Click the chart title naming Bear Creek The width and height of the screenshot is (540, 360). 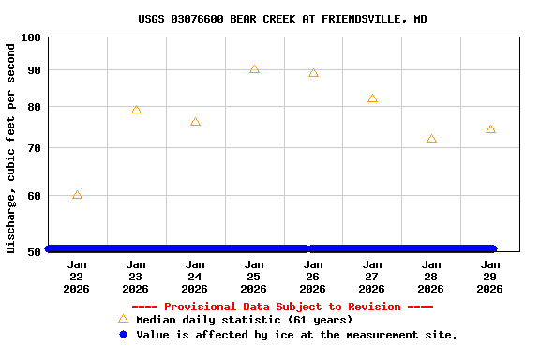point(282,19)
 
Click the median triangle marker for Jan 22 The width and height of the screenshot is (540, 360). point(77,195)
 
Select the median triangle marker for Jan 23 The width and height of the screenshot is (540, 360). point(136,110)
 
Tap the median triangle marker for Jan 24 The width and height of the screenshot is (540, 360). point(195,122)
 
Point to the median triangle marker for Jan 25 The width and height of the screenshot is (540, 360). point(254,69)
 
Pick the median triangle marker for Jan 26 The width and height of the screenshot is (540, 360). point(313,73)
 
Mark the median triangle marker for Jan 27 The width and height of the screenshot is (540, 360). point(372,98)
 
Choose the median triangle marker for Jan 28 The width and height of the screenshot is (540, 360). point(431,139)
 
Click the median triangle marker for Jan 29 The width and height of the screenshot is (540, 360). point(490,129)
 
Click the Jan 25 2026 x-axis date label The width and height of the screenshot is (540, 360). point(254,277)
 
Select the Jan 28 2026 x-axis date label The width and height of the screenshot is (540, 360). point(431,277)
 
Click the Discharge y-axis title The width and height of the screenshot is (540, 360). point(11,147)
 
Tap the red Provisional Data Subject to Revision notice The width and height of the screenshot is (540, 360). point(282,307)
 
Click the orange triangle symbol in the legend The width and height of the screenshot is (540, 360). point(123,319)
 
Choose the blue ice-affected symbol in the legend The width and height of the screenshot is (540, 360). point(123,334)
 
